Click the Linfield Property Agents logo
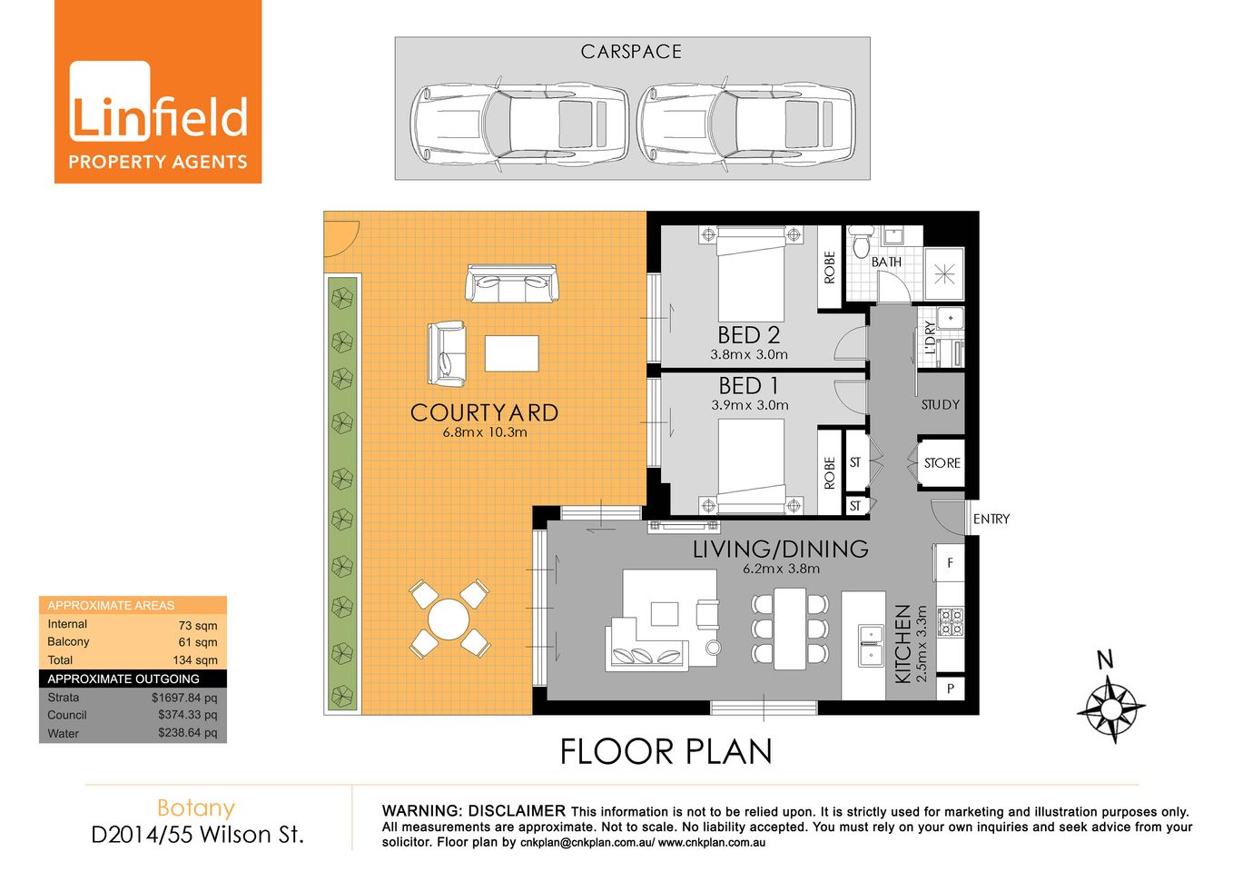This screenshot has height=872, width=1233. click(x=158, y=92)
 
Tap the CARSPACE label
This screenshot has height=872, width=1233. click(x=631, y=52)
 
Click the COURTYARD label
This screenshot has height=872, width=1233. click(x=484, y=413)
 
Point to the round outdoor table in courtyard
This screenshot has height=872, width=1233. click(x=449, y=619)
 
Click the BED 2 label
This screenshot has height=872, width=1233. click(x=748, y=335)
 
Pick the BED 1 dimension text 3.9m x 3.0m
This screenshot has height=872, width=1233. click(x=750, y=405)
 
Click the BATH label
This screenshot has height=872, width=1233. click(x=886, y=263)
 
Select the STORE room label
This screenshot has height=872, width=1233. click(x=942, y=463)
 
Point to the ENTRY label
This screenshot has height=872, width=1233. click(x=991, y=519)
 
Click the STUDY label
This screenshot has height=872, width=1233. click(x=940, y=405)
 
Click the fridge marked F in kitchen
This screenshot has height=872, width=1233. click(x=950, y=563)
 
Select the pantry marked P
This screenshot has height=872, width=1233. click(x=950, y=689)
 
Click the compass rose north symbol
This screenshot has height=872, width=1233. click(x=1111, y=707)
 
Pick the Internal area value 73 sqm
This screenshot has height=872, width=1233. click(x=197, y=626)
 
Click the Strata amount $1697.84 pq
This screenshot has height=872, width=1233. click(x=184, y=698)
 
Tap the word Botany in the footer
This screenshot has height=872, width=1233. click(x=196, y=808)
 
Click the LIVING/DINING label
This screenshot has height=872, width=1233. click(x=780, y=550)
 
